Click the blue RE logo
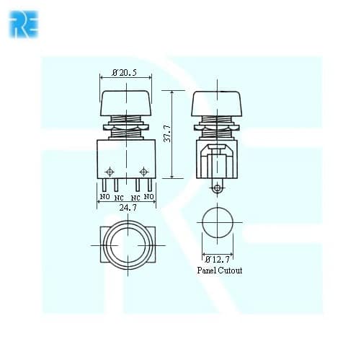click(24, 25)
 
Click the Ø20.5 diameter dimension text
click(125, 72)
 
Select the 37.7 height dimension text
click(167, 133)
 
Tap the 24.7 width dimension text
click(128, 208)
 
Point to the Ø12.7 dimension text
click(218, 259)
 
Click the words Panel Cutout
click(220, 271)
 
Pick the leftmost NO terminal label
click(104, 197)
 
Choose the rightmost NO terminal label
click(148, 197)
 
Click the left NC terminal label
click(119, 198)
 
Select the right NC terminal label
click(135, 198)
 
